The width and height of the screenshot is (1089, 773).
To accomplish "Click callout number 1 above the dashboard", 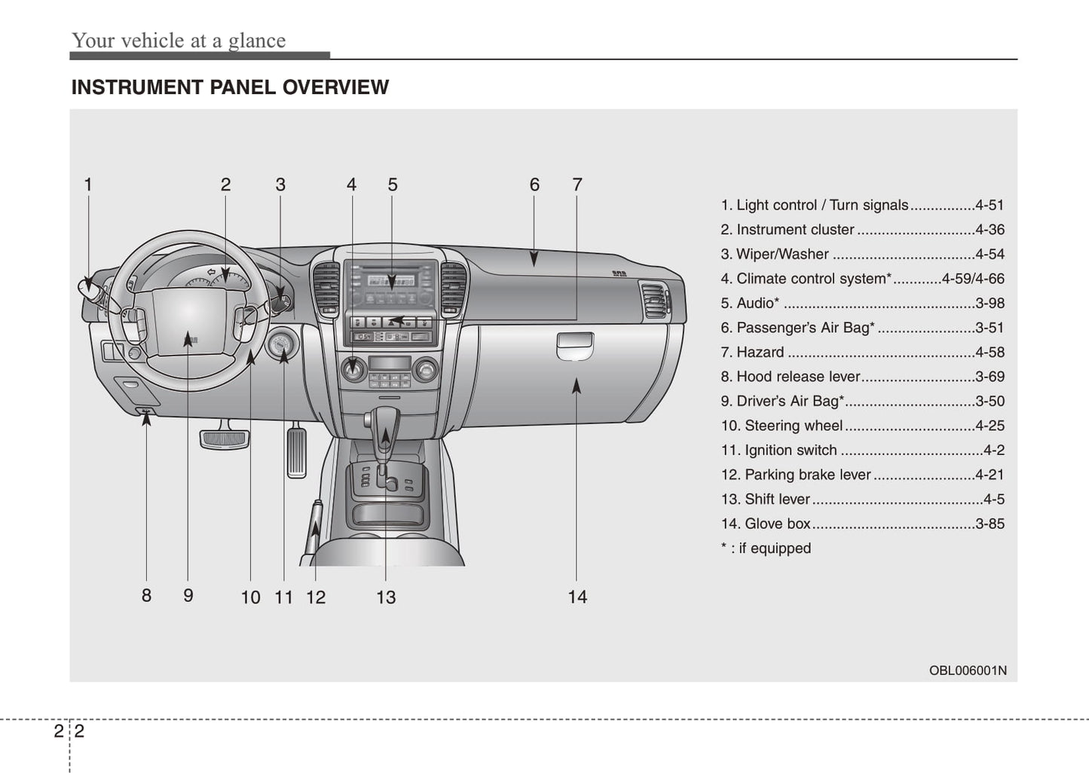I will coord(88,185).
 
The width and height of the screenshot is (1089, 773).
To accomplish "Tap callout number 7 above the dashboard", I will coord(577,185).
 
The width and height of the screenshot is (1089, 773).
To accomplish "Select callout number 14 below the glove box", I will coord(577,597).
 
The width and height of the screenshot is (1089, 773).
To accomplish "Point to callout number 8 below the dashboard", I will coord(146,595).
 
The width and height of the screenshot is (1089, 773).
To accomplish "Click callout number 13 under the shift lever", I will coord(386,597).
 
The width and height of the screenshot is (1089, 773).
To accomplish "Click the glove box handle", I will coord(575,346).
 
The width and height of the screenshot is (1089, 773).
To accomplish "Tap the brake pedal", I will coord(224,438).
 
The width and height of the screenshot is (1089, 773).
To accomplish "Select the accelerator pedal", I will coord(297,451).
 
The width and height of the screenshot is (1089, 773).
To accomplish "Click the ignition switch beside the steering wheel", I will coord(283,345).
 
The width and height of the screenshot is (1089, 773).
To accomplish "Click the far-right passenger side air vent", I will coord(653,299).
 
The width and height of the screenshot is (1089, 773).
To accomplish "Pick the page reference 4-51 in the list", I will coord(989,205).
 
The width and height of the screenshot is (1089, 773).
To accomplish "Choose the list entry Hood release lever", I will coord(797,377).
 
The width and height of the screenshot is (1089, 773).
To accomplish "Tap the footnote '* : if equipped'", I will coord(766,548).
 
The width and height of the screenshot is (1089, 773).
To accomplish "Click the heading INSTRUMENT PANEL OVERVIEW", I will coord(230,87).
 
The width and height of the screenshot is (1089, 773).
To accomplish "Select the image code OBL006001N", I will coord(967,671).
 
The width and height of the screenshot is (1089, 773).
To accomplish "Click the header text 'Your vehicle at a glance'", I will coord(179,41).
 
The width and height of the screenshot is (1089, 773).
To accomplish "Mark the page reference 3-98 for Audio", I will coord(989,303).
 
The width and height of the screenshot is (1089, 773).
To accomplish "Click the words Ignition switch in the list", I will coord(790,450).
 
